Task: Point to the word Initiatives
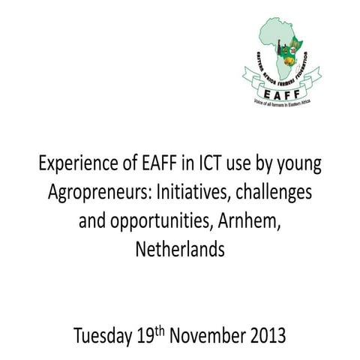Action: click(x=186, y=191)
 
